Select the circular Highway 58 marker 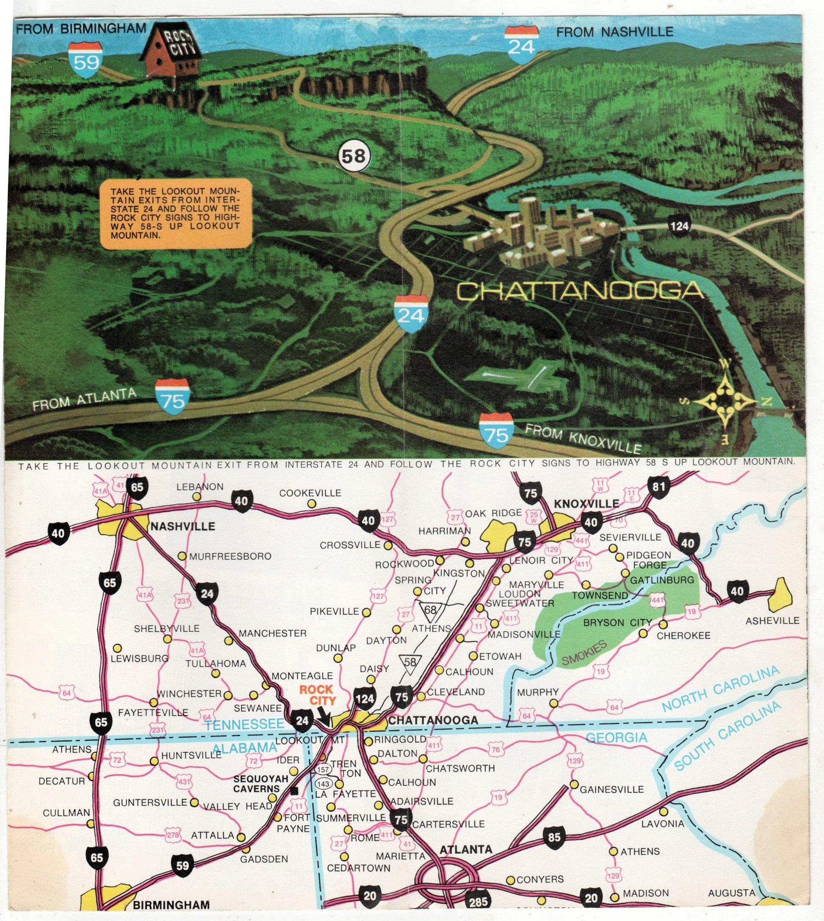354,157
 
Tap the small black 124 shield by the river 679,226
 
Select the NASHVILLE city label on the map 182,527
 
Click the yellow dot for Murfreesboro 182,556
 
